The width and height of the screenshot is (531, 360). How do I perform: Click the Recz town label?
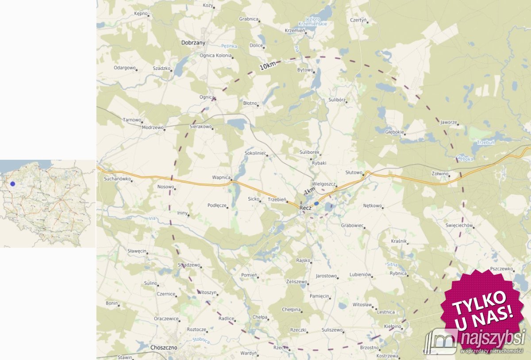tap(306, 208)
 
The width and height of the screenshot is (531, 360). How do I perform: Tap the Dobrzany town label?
tap(193, 43)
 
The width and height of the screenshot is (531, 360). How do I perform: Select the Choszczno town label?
tap(164, 348)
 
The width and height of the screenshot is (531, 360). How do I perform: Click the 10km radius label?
tap(268, 66)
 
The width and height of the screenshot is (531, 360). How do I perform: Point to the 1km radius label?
tap(310, 191)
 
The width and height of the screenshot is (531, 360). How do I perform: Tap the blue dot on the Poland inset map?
tap(13, 184)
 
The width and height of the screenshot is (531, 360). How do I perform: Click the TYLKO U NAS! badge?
tap(481, 305)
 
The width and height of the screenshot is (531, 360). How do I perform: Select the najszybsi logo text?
tap(492, 339)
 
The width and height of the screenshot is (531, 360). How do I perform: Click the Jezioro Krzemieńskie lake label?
tap(315, 21)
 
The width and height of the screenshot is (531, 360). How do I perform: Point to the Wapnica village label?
tap(221, 177)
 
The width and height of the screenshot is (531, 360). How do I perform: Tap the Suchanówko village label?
tap(117, 179)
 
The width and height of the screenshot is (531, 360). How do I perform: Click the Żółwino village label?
tap(440, 174)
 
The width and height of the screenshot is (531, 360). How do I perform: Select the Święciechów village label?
tap(459, 226)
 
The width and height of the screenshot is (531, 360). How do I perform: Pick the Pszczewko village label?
tap(501, 269)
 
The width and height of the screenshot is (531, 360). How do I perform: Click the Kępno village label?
tap(141, 14)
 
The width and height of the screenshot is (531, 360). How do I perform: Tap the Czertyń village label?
tap(358, 20)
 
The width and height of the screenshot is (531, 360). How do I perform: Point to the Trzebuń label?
tap(486, 143)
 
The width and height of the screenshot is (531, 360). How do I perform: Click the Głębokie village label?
tap(394, 132)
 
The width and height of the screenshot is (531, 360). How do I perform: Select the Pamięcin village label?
tap(319, 296)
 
